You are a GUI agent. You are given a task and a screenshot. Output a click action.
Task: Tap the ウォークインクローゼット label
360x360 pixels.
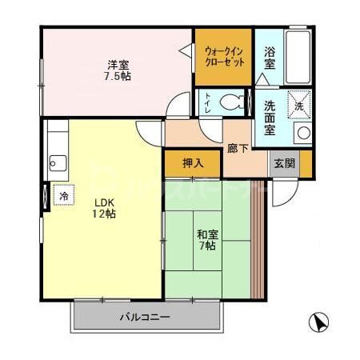tap(223, 56)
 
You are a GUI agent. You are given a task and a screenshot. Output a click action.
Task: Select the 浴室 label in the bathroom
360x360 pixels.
tap(270, 58)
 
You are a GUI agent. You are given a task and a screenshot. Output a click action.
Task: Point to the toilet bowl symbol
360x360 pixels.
tap(234, 102)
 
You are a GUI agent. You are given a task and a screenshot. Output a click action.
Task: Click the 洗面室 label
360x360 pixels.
tap(270, 118)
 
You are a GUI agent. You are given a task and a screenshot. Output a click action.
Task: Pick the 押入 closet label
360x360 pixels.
tap(192, 163)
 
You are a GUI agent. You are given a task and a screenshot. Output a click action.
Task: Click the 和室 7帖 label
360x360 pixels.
tap(206, 240)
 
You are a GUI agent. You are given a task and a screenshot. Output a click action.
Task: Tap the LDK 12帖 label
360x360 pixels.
tap(104, 208)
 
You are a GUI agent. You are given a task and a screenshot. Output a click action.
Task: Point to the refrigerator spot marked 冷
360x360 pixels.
tap(62, 194)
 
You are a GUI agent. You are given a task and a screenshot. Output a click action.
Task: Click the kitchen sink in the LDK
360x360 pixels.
tap(55, 164)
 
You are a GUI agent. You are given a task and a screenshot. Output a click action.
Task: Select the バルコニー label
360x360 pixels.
tap(145, 318)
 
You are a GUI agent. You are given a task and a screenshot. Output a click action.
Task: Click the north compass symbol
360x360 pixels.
tap(318, 323)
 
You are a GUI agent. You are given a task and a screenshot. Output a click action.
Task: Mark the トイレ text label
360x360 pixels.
tap(208, 102)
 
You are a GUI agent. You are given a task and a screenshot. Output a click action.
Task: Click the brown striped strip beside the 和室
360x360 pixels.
tap(258, 240)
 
